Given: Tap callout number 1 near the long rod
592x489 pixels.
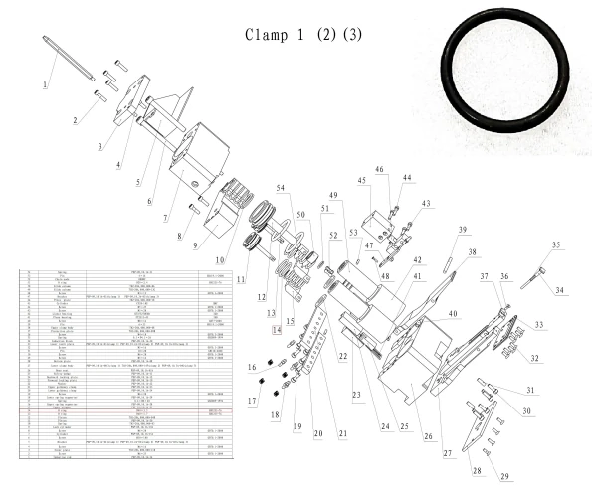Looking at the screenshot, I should pos(45,85).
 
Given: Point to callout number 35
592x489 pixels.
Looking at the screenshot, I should pos(556,244).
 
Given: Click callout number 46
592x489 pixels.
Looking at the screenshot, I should pos(379,170).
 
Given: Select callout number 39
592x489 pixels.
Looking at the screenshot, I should pos(462,230).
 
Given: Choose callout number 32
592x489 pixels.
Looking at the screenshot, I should pos(534,358).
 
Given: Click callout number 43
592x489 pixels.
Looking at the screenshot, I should pos(427,204).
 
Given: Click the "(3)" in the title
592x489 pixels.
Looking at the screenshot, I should pos(351,34).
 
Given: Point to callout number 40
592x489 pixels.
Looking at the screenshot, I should pos(453,314).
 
